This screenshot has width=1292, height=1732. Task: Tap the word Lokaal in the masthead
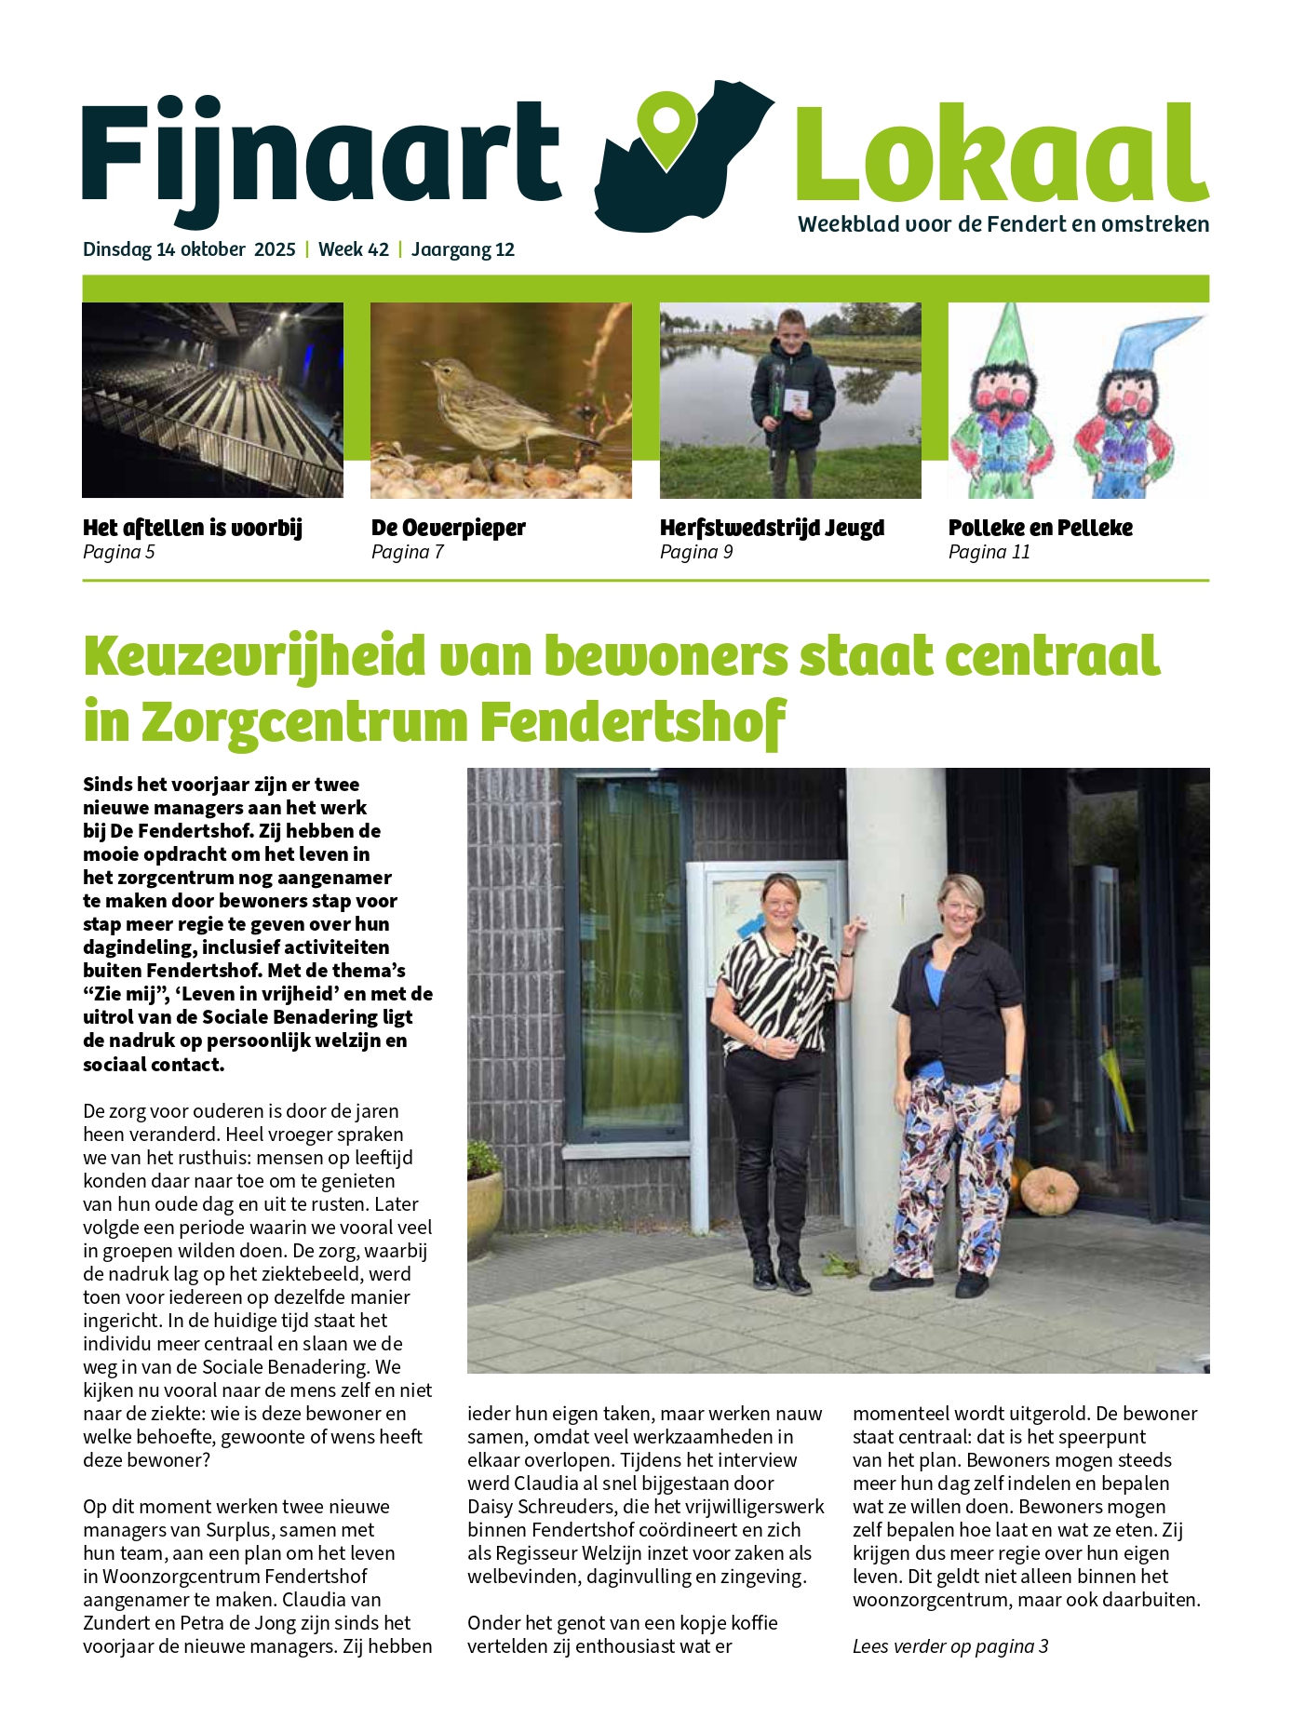(1001, 154)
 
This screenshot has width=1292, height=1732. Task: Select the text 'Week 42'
(353, 249)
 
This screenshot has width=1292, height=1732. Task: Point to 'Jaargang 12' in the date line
(463, 249)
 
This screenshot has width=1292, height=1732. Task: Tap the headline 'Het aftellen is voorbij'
(193, 528)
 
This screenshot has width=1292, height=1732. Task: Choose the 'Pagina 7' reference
(407, 552)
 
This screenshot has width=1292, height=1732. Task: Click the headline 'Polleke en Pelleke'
(1040, 528)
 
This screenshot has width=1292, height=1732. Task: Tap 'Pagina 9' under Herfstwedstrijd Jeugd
(695, 552)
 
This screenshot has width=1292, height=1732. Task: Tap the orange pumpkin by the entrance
(1048, 1188)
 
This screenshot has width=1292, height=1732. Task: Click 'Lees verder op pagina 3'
(949, 1645)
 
